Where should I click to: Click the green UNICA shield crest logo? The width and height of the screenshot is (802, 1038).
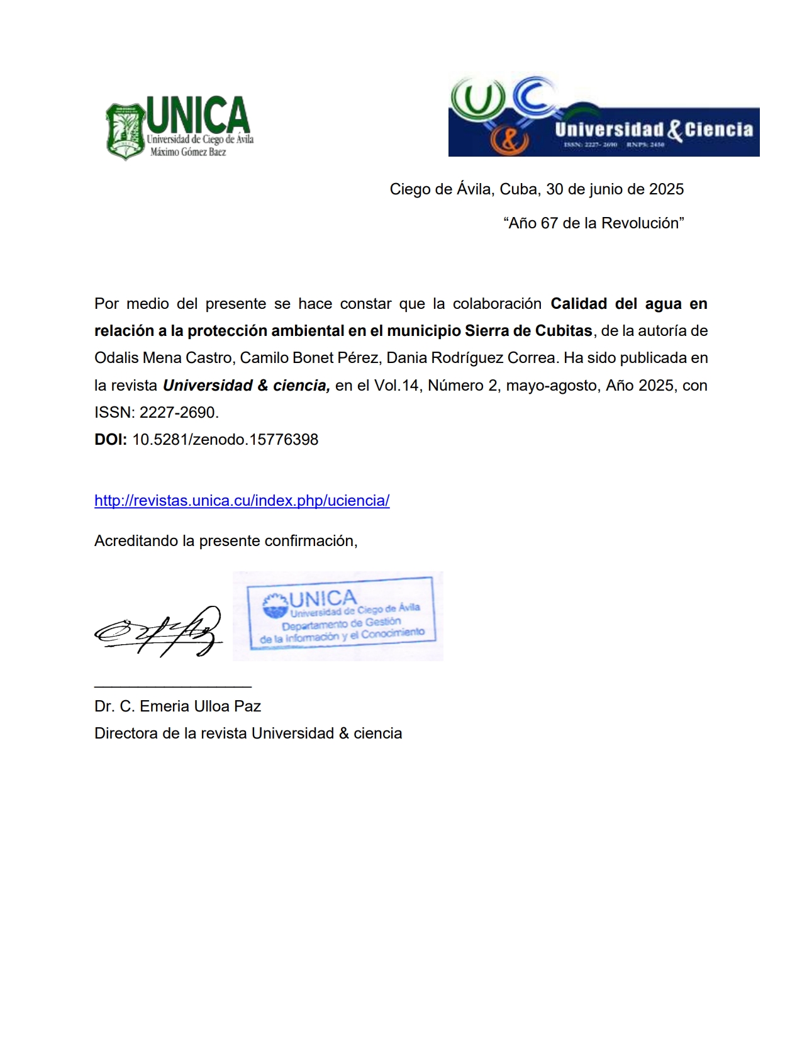point(126,131)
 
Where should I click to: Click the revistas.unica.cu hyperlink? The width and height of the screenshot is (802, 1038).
point(242,501)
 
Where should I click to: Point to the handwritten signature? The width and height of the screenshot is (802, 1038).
point(159,632)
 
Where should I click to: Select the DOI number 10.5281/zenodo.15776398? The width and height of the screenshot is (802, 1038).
point(225,440)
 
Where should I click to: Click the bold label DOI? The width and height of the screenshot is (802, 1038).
point(111,440)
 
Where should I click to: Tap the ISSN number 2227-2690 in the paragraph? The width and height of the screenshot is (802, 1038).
point(177,413)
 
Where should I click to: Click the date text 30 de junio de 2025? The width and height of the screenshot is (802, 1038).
point(615,189)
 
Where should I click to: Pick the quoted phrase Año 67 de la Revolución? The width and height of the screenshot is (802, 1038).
point(593,223)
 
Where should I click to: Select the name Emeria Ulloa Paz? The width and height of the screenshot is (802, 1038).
point(200,706)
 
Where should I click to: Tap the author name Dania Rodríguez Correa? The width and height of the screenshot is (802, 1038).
point(471,358)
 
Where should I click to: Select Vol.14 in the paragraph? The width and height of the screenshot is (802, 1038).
point(396,386)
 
